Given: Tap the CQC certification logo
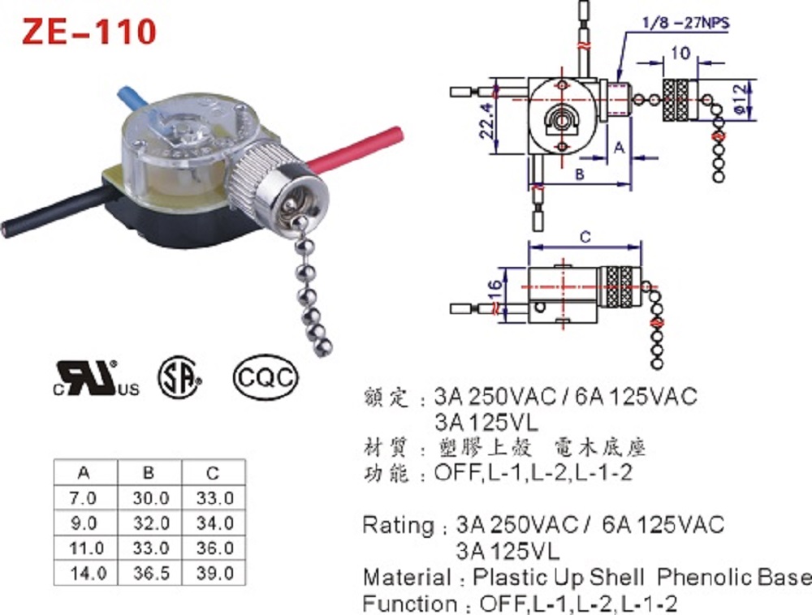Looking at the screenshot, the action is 266,378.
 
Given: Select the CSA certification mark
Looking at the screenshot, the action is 179,377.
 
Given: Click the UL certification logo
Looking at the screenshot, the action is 96,378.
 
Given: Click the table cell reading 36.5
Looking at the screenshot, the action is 151,573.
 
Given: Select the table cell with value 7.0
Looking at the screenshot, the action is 83,497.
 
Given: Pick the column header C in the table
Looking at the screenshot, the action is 213,473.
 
